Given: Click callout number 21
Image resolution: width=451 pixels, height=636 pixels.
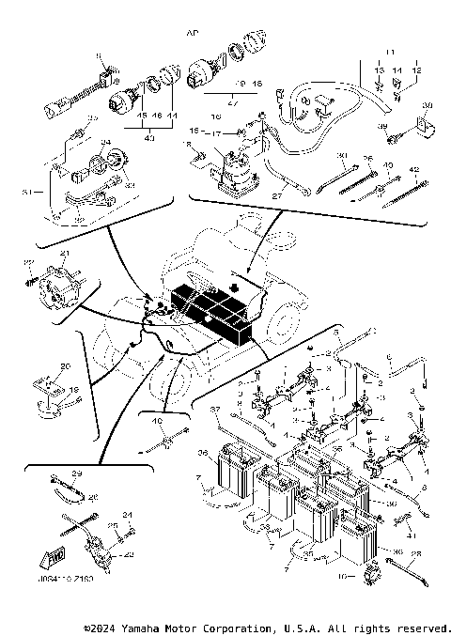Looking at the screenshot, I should [x=65, y=255].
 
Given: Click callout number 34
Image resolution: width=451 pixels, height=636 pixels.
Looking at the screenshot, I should [x=105, y=143].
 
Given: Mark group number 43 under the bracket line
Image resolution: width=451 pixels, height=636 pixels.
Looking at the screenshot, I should [x=150, y=138].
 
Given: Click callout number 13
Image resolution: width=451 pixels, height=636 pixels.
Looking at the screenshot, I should [x=381, y=70].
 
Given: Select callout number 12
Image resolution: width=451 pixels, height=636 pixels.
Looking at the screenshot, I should [x=416, y=70].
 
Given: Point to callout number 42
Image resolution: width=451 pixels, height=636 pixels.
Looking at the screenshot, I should [x=413, y=169].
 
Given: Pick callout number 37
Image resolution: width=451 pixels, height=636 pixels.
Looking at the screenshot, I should [x=213, y=410].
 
